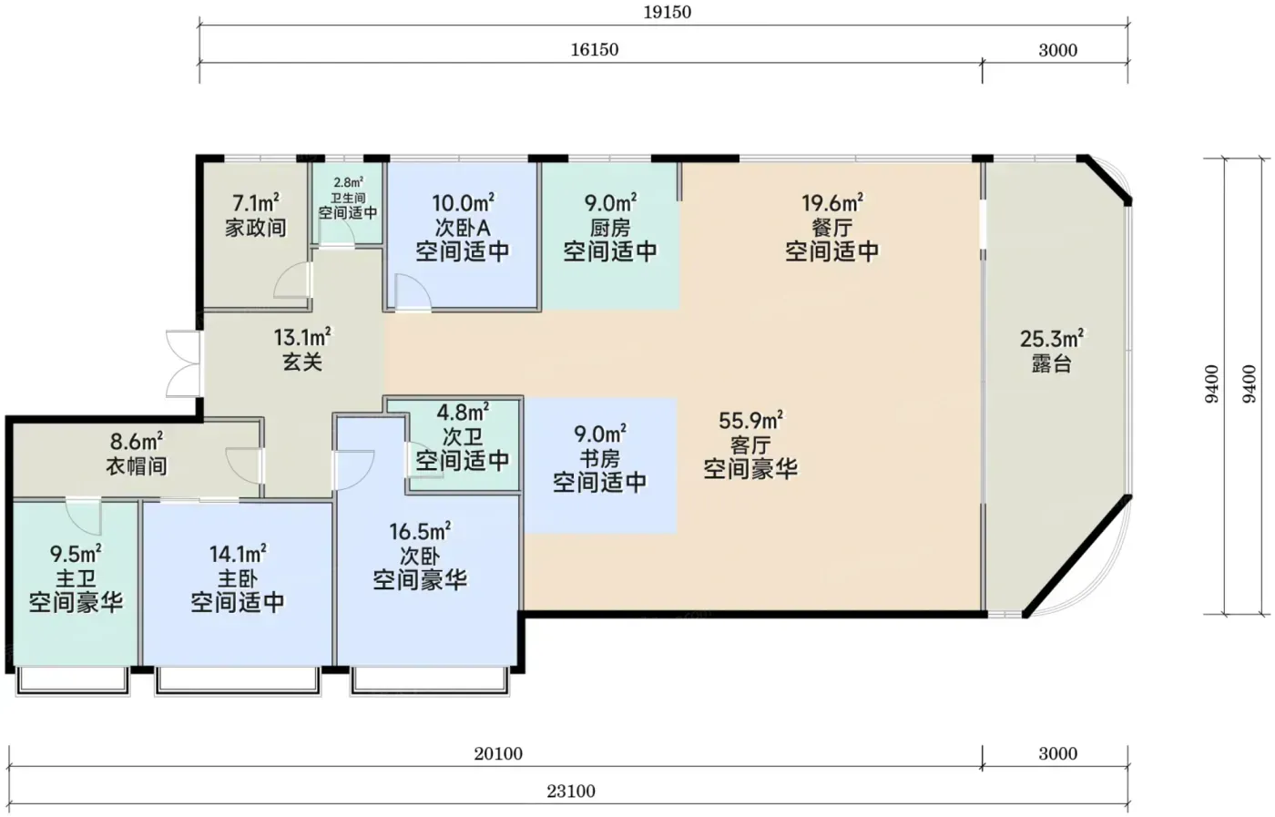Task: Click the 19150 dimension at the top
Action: click(x=667, y=12)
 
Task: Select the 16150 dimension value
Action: click(x=594, y=50)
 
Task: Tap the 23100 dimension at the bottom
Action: click(x=571, y=791)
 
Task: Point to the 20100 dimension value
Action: click(x=498, y=754)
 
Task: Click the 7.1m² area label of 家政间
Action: click(x=256, y=203)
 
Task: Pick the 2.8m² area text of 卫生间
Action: click(x=348, y=183)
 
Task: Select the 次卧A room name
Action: click(x=463, y=228)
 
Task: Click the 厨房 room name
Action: click(x=609, y=228)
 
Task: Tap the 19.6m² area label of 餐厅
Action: click(x=832, y=203)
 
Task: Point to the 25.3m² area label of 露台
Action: click(x=1051, y=339)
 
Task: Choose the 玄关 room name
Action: click(x=302, y=363)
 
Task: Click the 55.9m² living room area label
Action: click(x=750, y=421)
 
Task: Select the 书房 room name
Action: click(x=600, y=458)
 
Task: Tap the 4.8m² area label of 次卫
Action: click(x=463, y=412)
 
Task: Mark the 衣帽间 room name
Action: click(x=137, y=466)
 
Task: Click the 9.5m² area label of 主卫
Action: click(x=76, y=553)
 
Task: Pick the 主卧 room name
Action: click(x=238, y=579)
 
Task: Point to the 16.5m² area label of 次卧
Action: click(x=420, y=532)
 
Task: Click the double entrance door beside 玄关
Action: click(x=183, y=363)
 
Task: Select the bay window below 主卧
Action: click(x=238, y=680)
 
